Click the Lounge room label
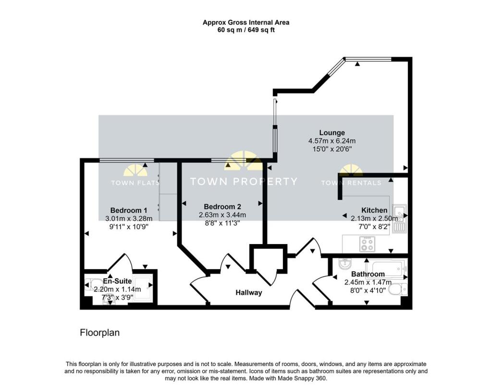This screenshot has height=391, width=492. point(332,133)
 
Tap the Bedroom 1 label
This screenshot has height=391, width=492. point(129,210)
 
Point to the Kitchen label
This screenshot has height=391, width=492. point(374,210)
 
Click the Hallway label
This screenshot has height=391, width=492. point(248,292)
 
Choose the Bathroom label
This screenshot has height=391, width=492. point(368,274)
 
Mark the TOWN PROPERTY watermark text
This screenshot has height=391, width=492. point(244,182)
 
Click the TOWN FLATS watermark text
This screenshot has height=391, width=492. point(135,183)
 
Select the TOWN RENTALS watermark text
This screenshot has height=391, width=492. point(351,183)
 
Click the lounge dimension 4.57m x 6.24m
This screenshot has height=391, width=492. point(332,141)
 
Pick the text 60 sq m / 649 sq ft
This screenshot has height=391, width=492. point(246,30)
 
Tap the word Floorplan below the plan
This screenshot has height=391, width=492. point(99,332)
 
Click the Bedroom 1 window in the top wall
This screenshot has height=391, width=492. point(127,160)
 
